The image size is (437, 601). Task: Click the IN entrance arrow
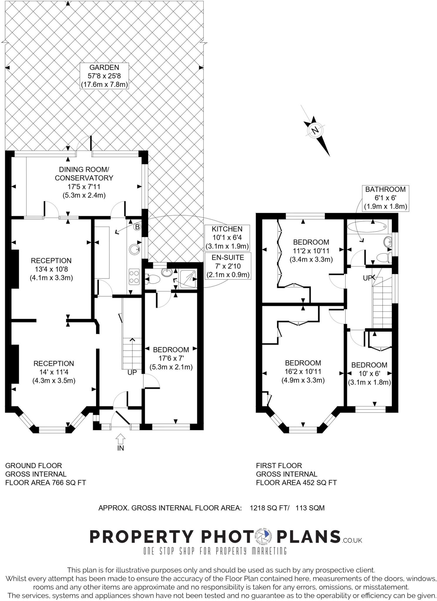[121, 440]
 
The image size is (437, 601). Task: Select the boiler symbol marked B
[137, 227]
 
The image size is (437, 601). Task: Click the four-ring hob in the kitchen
[134, 277]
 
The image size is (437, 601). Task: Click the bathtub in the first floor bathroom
[367, 227]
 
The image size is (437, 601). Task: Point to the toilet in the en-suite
[152, 280]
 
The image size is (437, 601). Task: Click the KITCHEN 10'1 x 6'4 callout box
[227, 237]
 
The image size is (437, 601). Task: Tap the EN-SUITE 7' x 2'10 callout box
[228, 266]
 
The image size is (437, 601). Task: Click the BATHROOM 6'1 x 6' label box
[385, 198]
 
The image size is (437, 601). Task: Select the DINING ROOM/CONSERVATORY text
[84, 174]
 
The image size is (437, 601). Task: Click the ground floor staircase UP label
[132, 372]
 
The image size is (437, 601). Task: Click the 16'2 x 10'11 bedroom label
[303, 371]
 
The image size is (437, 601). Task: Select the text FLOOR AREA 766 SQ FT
[46, 482]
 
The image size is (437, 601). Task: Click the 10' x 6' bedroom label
[369, 374]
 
